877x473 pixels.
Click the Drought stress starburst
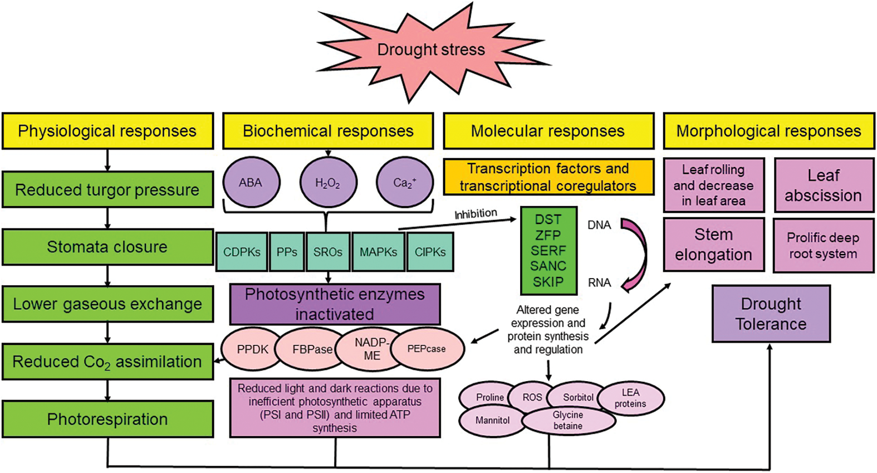point(431,50)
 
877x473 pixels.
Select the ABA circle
point(251,182)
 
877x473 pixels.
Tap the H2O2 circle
point(327,182)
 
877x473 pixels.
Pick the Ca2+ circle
point(404,182)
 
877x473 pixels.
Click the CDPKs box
point(242,252)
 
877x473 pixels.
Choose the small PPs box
point(287,252)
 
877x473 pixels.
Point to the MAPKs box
point(378,252)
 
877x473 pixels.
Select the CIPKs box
point(430,252)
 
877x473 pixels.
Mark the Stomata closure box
point(107,247)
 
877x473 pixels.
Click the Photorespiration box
point(107,419)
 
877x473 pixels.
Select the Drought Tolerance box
point(771,314)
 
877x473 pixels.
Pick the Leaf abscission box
point(823,186)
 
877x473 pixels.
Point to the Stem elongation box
point(713,245)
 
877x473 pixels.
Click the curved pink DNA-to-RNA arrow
point(638,253)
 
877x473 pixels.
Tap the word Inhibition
point(476,213)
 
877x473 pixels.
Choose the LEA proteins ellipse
point(631,398)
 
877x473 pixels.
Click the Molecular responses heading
point(548,131)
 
